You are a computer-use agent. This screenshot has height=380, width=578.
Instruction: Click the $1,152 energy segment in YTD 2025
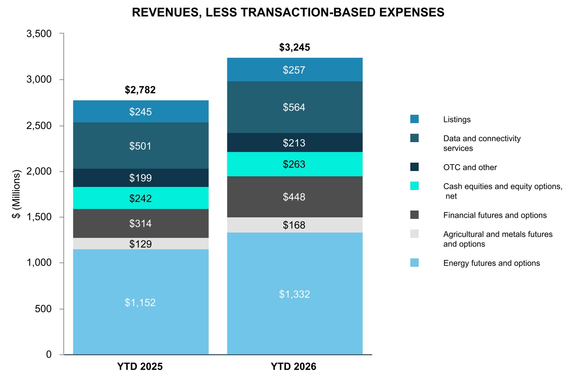coord(141,302)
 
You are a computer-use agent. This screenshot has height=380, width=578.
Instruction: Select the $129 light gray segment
coord(141,244)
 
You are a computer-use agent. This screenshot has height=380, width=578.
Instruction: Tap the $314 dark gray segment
coord(141,223)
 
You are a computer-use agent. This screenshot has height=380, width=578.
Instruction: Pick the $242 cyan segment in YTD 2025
coord(141,198)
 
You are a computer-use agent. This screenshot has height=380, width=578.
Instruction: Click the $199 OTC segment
coord(141,178)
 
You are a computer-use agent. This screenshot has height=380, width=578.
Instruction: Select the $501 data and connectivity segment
coord(141,146)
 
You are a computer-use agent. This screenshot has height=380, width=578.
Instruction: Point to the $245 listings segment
coord(141,111)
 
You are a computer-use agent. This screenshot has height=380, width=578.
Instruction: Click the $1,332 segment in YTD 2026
coord(295,294)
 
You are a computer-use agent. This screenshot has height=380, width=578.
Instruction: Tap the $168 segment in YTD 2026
coord(295,225)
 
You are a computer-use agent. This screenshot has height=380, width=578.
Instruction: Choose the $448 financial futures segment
coord(295,197)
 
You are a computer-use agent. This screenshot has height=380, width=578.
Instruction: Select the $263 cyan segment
coord(295,164)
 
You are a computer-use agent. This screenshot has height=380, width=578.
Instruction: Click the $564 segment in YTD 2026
coord(295,107)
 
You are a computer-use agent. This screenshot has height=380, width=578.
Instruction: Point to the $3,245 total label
coord(294,47)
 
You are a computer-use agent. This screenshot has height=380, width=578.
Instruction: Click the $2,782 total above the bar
coord(140,90)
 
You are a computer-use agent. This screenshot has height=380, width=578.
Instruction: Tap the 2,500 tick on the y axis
coord(39,126)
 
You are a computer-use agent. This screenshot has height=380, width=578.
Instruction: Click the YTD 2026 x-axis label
coord(294,366)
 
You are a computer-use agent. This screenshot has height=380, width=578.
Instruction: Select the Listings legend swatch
coord(414,119)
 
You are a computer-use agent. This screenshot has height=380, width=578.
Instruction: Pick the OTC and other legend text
coord(470,167)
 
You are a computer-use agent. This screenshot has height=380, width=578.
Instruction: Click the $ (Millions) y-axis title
coord(16,194)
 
